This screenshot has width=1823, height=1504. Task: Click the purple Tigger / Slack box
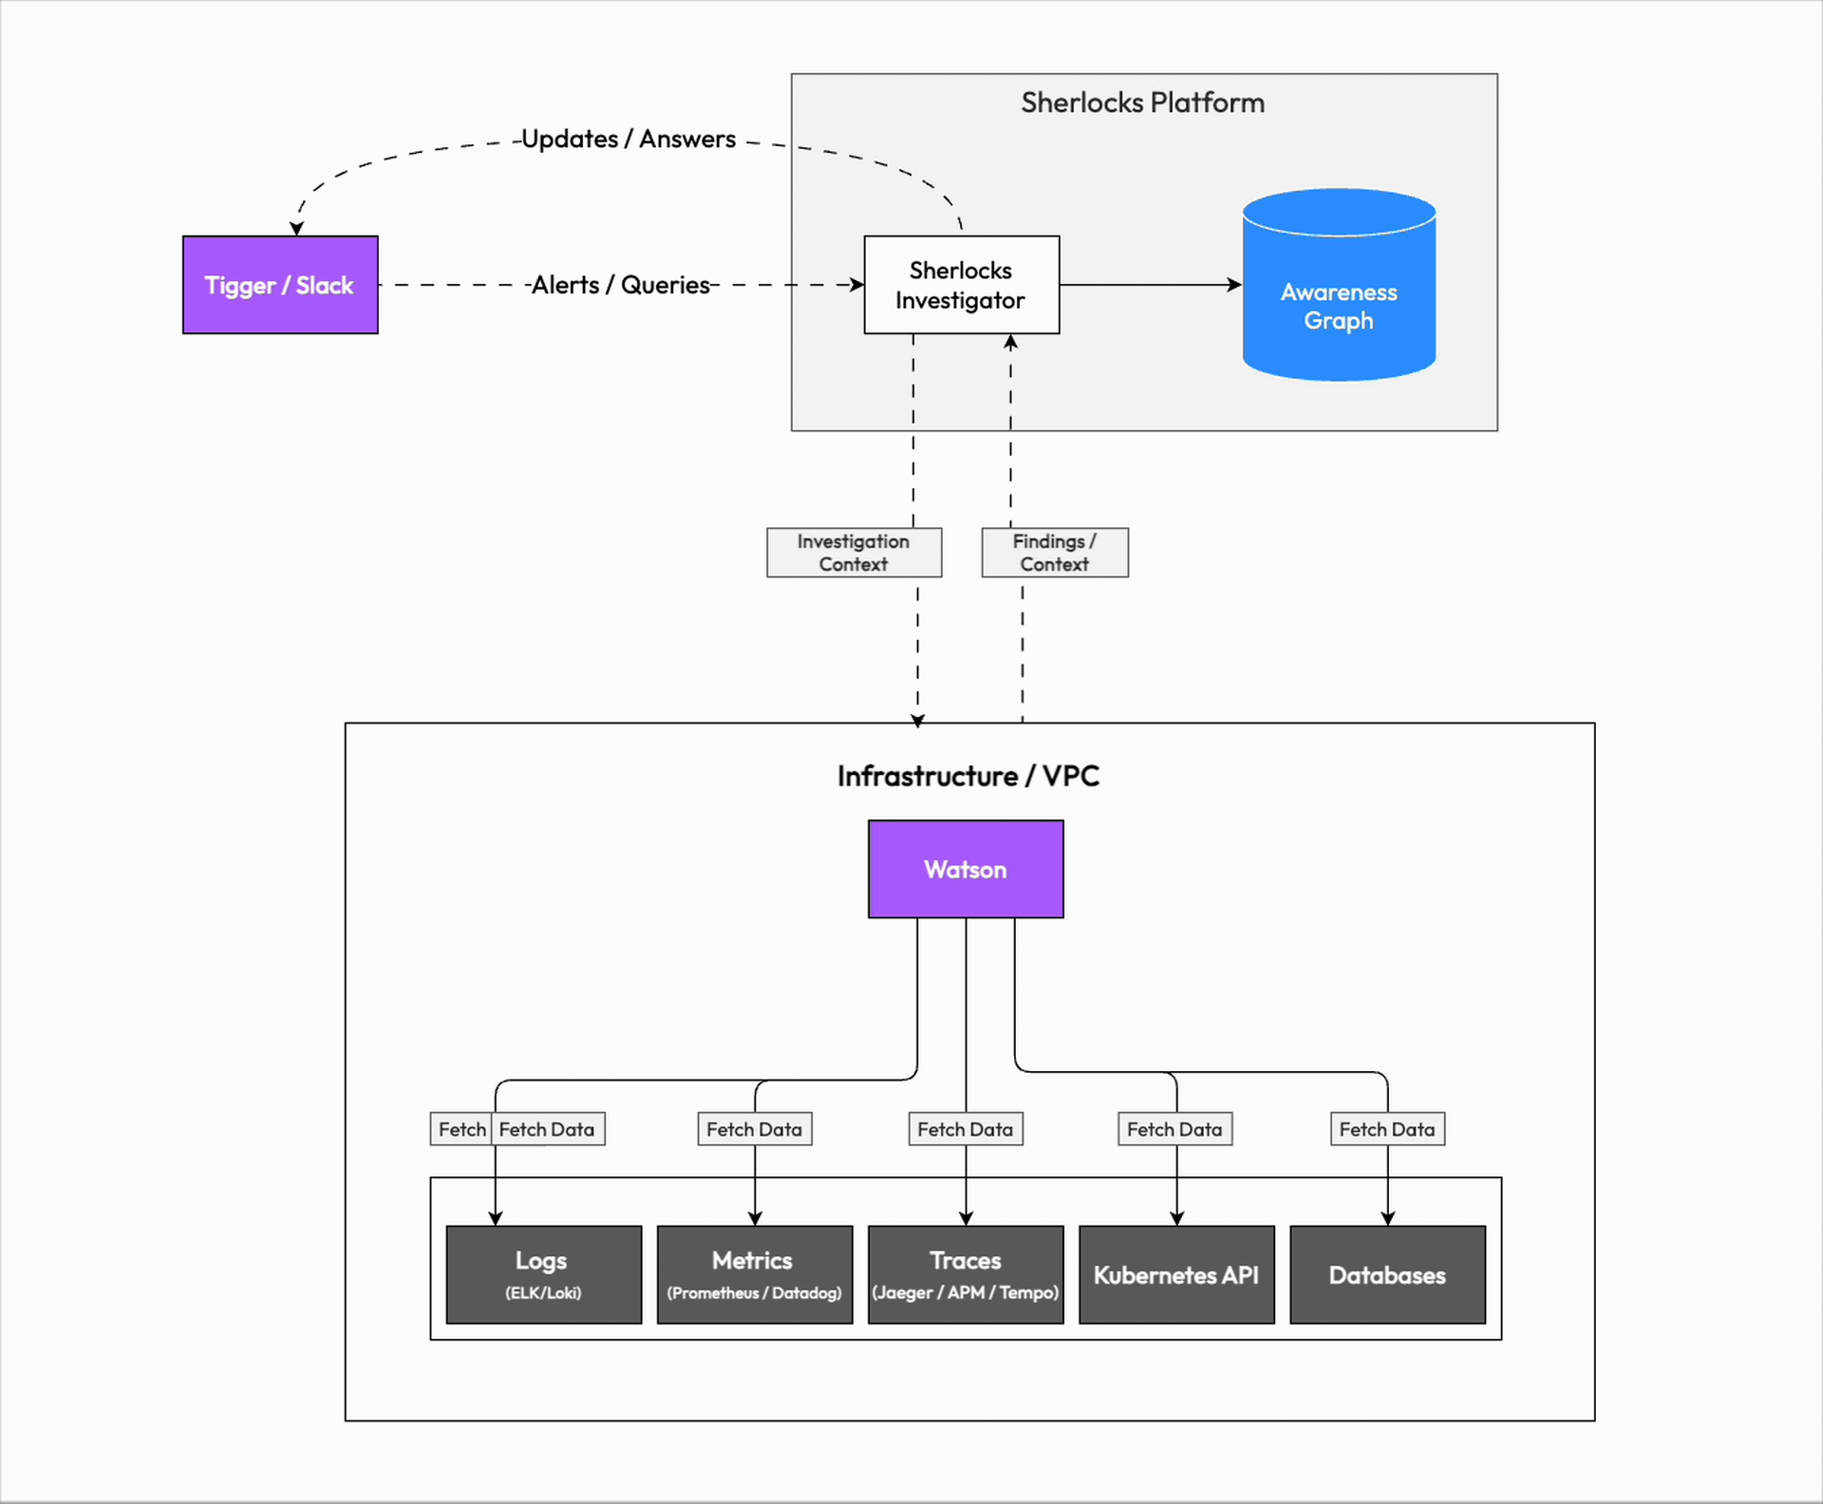point(280,285)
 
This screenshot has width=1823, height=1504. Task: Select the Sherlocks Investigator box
point(961,285)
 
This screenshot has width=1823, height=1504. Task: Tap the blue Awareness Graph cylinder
point(1339,294)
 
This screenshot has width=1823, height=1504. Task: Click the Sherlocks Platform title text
point(1142,103)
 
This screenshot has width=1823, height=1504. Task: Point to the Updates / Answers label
point(629,139)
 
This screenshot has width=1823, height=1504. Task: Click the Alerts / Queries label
point(621,285)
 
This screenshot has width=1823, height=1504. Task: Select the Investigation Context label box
point(854,553)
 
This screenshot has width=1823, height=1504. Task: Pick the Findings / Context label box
point(1054,553)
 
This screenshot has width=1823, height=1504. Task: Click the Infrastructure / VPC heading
point(968,776)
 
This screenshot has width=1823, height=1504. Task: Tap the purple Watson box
point(966,869)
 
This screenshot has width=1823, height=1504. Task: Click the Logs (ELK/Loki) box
point(543,1274)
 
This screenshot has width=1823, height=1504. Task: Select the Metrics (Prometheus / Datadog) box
point(754,1274)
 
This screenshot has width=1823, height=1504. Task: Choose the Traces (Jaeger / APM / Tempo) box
point(966,1274)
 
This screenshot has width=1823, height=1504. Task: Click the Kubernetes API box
point(1176,1274)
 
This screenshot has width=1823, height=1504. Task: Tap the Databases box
point(1387,1274)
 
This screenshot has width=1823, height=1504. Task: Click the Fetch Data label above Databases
point(1387,1129)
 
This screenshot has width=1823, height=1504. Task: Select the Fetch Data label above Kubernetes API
point(1175,1129)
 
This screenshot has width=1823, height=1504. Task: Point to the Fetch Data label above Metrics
point(754,1129)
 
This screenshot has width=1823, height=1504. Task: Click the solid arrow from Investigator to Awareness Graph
point(1149,284)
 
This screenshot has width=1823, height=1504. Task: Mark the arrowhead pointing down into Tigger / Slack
point(296,229)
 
